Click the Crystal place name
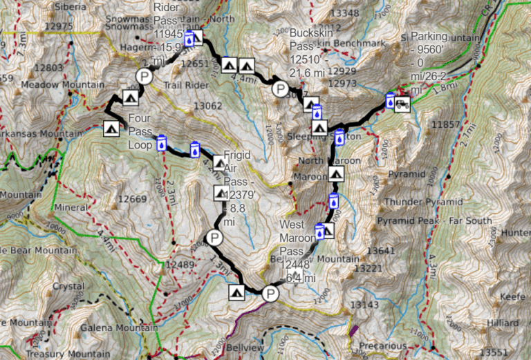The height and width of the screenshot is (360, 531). click(68, 286)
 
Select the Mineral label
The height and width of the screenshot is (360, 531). click(71, 207)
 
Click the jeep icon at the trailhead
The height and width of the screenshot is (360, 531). click(402, 104)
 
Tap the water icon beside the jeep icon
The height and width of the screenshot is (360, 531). click(390, 101)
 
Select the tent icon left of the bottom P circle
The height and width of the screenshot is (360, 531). click(236, 292)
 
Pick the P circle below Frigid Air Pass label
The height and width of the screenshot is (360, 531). click(214, 239)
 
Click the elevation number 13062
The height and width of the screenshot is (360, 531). click(208, 106)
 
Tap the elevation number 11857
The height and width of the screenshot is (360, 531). click(445, 124)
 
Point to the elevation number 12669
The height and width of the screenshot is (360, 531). click(133, 200)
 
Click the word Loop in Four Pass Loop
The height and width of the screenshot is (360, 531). click(140, 145)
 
